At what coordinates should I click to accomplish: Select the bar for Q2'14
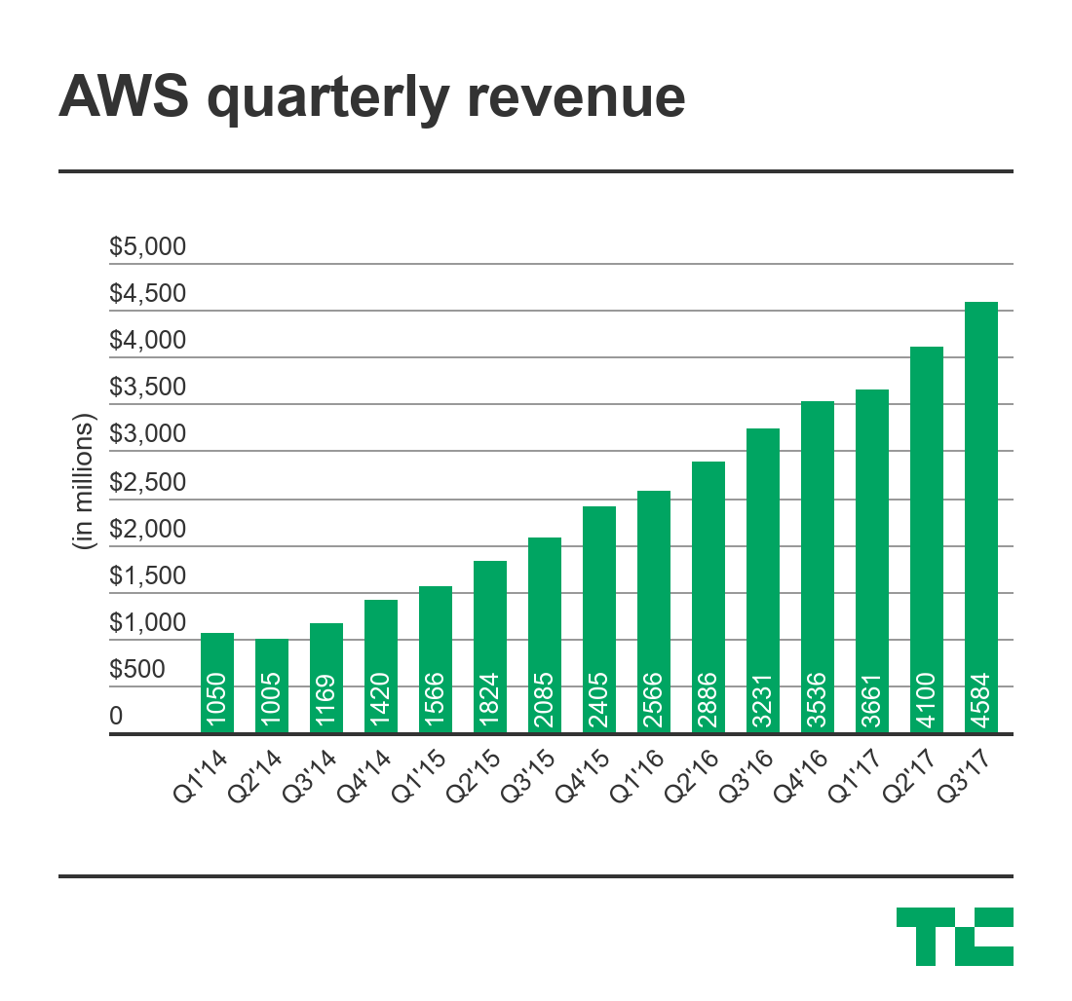272,686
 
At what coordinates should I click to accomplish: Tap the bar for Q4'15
599,619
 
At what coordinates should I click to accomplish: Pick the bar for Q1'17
872,561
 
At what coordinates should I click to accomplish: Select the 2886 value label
708,697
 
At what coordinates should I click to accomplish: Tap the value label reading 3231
763,697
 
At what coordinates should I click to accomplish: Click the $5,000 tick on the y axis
147,247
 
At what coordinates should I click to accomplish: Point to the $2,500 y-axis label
147,483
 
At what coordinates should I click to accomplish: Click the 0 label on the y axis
116,717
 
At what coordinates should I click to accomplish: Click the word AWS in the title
125,98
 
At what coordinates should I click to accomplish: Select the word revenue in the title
575,98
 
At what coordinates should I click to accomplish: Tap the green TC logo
954,936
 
